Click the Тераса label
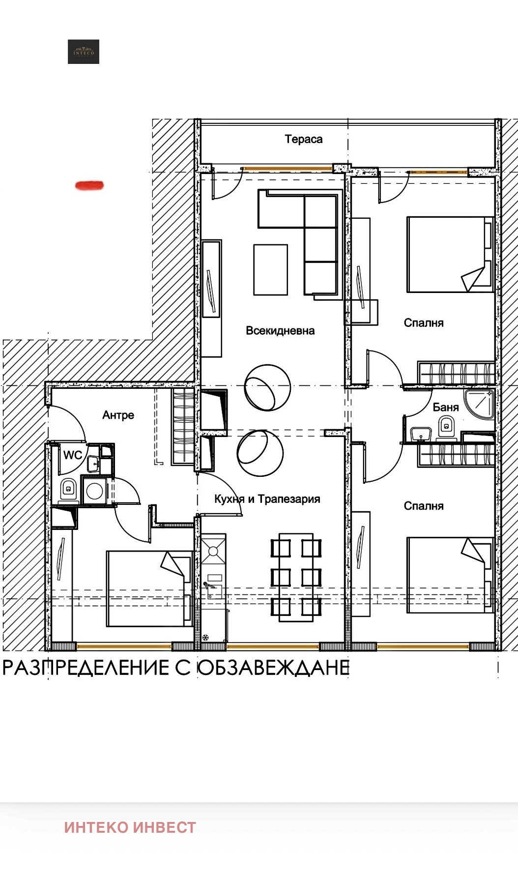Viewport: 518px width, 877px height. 304,139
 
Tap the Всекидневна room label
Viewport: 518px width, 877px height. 280,330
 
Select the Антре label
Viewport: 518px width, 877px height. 118,415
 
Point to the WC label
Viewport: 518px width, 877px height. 72,455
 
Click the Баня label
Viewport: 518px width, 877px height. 446,407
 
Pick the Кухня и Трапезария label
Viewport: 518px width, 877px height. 267,499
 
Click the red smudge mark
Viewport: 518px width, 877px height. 89,185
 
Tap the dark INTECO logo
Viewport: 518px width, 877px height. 84,52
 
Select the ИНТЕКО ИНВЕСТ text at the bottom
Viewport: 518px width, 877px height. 130,827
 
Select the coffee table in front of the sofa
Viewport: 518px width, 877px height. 270,269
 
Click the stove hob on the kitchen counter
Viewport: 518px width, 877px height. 213,551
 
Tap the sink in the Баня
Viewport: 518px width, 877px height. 421,434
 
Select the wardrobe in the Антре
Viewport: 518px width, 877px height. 183,427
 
